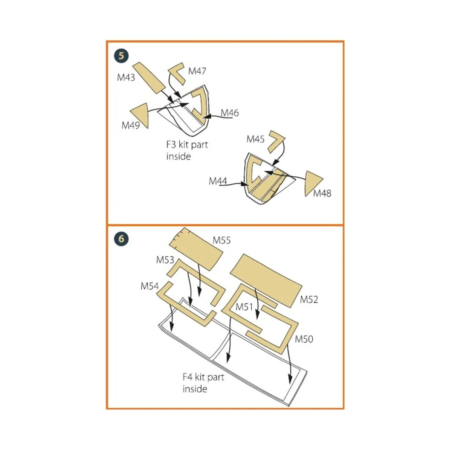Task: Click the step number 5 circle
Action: (121, 56)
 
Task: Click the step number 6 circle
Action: (121, 239)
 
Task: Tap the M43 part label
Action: (126, 78)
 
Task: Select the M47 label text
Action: (197, 71)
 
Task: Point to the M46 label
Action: (229, 113)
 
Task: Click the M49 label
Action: (130, 125)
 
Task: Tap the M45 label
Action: (255, 139)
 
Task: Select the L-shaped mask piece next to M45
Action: (276, 141)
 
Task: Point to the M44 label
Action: (218, 182)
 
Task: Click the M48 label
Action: (322, 194)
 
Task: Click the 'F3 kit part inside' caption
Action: (187, 150)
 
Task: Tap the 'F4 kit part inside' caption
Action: (203, 383)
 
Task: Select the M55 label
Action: (221, 240)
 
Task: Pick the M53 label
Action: (165, 260)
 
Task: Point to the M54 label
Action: (150, 286)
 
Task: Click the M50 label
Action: (304, 339)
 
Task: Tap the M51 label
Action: (244, 307)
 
